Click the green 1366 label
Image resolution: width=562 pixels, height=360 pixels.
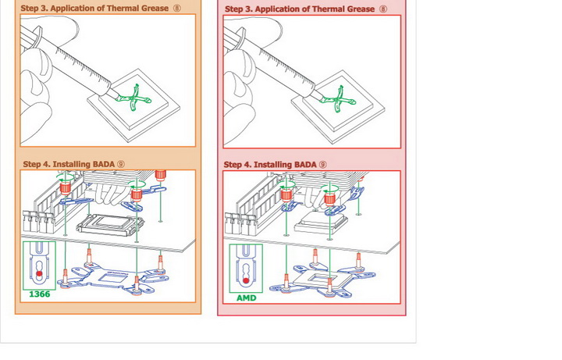coord(39,295)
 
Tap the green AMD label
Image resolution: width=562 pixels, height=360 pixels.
coord(246,298)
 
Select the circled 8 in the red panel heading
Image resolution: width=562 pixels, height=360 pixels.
coord(383,9)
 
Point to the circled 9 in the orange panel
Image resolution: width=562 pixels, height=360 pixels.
coord(120,164)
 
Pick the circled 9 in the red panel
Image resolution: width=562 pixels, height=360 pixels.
coord(322,165)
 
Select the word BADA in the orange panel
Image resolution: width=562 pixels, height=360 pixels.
coord(102,164)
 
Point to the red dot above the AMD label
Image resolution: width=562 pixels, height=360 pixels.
coord(246,277)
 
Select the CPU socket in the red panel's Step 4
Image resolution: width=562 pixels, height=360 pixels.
coord(317,223)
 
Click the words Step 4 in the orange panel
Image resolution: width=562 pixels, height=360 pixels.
coord(37,164)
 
